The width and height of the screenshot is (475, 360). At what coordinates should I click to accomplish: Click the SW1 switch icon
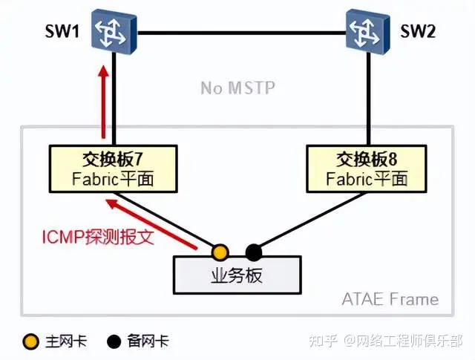[112, 32]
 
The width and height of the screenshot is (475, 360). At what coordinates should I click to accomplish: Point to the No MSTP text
[237, 88]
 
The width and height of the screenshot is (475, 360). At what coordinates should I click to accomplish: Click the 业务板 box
[237, 275]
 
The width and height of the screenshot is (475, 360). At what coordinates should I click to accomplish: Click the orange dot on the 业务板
[220, 250]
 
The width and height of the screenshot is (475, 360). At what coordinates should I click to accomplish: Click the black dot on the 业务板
[253, 250]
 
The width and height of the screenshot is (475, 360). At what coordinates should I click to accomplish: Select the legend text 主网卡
[65, 341]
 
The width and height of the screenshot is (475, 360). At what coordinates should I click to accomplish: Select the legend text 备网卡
[148, 341]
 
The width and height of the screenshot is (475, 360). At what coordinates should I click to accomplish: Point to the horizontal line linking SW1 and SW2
[237, 32]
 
